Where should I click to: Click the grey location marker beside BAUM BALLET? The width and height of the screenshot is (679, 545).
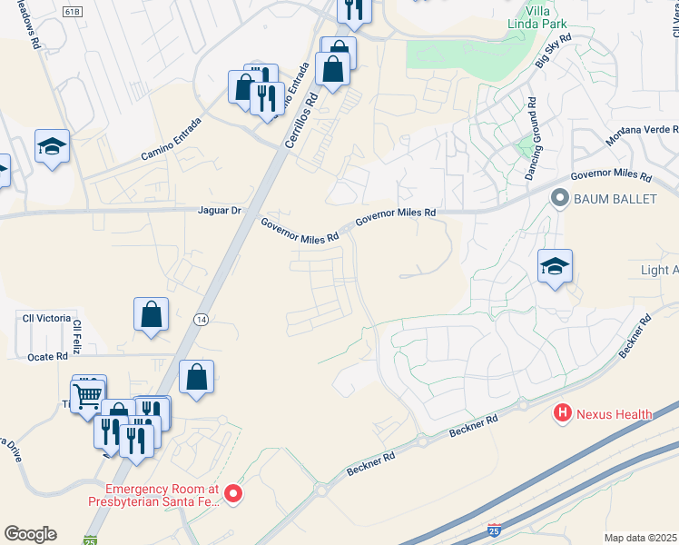click(560, 197)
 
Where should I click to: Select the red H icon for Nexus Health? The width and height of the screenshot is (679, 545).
click(563, 414)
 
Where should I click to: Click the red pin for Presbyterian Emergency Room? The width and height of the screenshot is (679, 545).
click(233, 493)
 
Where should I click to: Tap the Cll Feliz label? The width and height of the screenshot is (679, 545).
click(79, 336)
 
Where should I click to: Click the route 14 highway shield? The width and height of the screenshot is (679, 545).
click(202, 319)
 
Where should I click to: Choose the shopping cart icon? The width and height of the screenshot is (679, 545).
click(87, 395)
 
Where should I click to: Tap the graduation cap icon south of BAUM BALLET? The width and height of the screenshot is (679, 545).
click(555, 266)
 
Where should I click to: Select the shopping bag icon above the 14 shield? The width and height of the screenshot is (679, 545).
click(152, 314)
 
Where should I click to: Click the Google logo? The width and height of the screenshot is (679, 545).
click(30, 534)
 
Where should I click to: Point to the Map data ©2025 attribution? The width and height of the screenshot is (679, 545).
click(639, 538)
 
